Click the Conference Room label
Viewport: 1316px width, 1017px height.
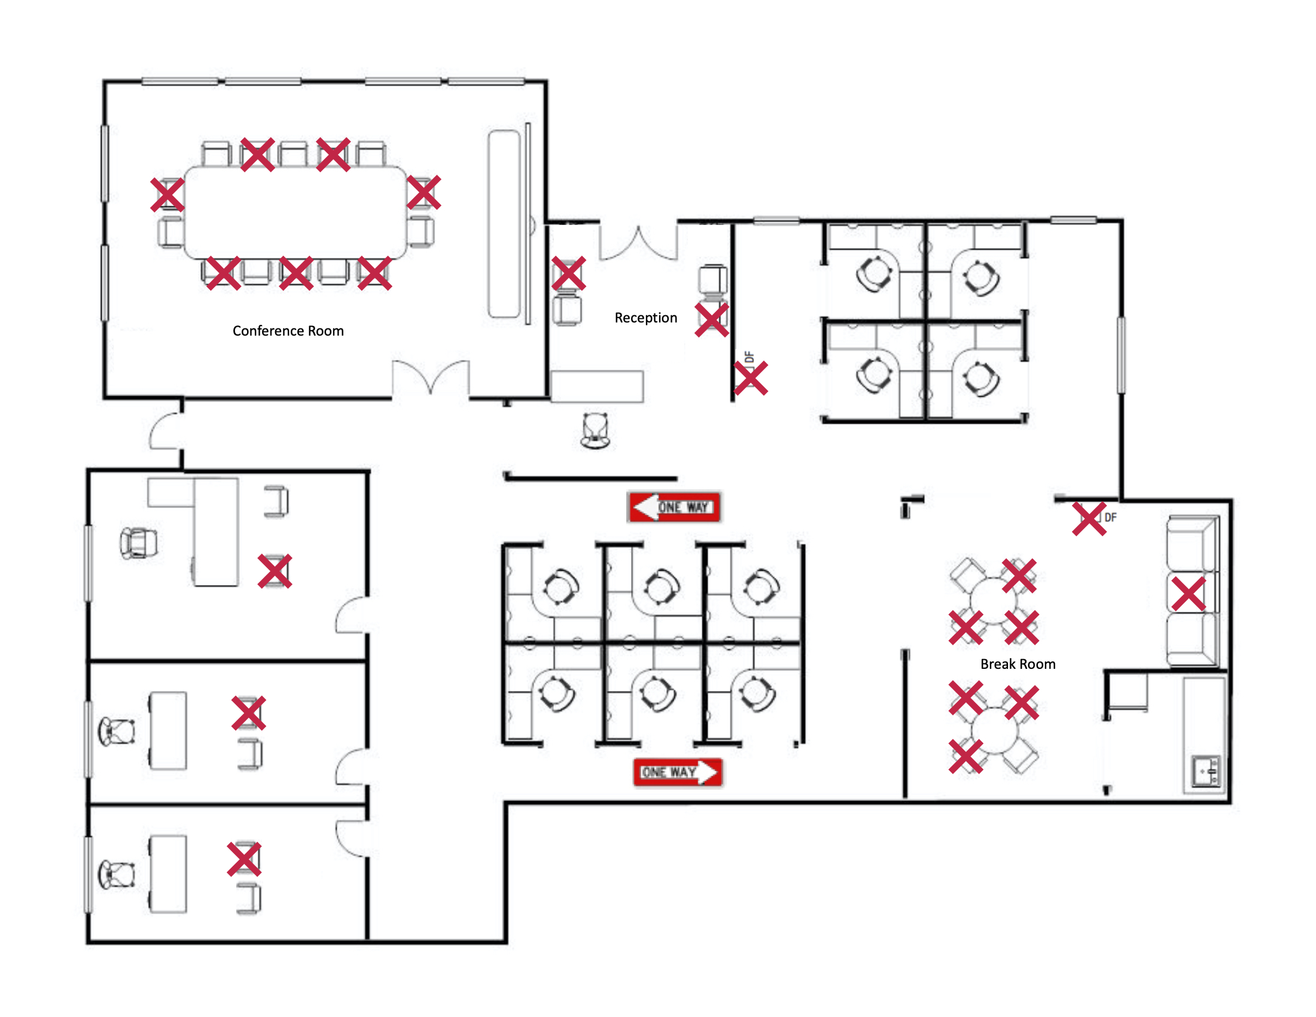[x=288, y=331]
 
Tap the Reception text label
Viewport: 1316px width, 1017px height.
[x=645, y=318]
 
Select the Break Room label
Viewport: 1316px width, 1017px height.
[x=1018, y=664]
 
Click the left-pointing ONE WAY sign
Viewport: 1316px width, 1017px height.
[x=674, y=507]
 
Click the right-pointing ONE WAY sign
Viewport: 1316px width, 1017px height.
[x=678, y=772]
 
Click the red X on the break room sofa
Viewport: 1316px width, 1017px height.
[x=1188, y=593]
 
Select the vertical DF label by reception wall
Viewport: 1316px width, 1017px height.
[x=749, y=357]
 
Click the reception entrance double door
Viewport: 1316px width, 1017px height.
[x=638, y=244]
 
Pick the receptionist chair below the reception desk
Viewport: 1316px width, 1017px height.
[x=595, y=430]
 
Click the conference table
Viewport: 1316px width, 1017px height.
[x=296, y=212]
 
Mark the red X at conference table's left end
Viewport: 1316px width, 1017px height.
[x=167, y=194]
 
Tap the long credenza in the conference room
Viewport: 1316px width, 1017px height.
[x=504, y=223]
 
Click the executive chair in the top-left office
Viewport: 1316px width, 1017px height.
[x=139, y=543]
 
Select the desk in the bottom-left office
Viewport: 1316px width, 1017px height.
[x=167, y=873]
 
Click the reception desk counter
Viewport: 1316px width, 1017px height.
[x=596, y=386]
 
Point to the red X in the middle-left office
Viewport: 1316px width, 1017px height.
[x=248, y=713]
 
